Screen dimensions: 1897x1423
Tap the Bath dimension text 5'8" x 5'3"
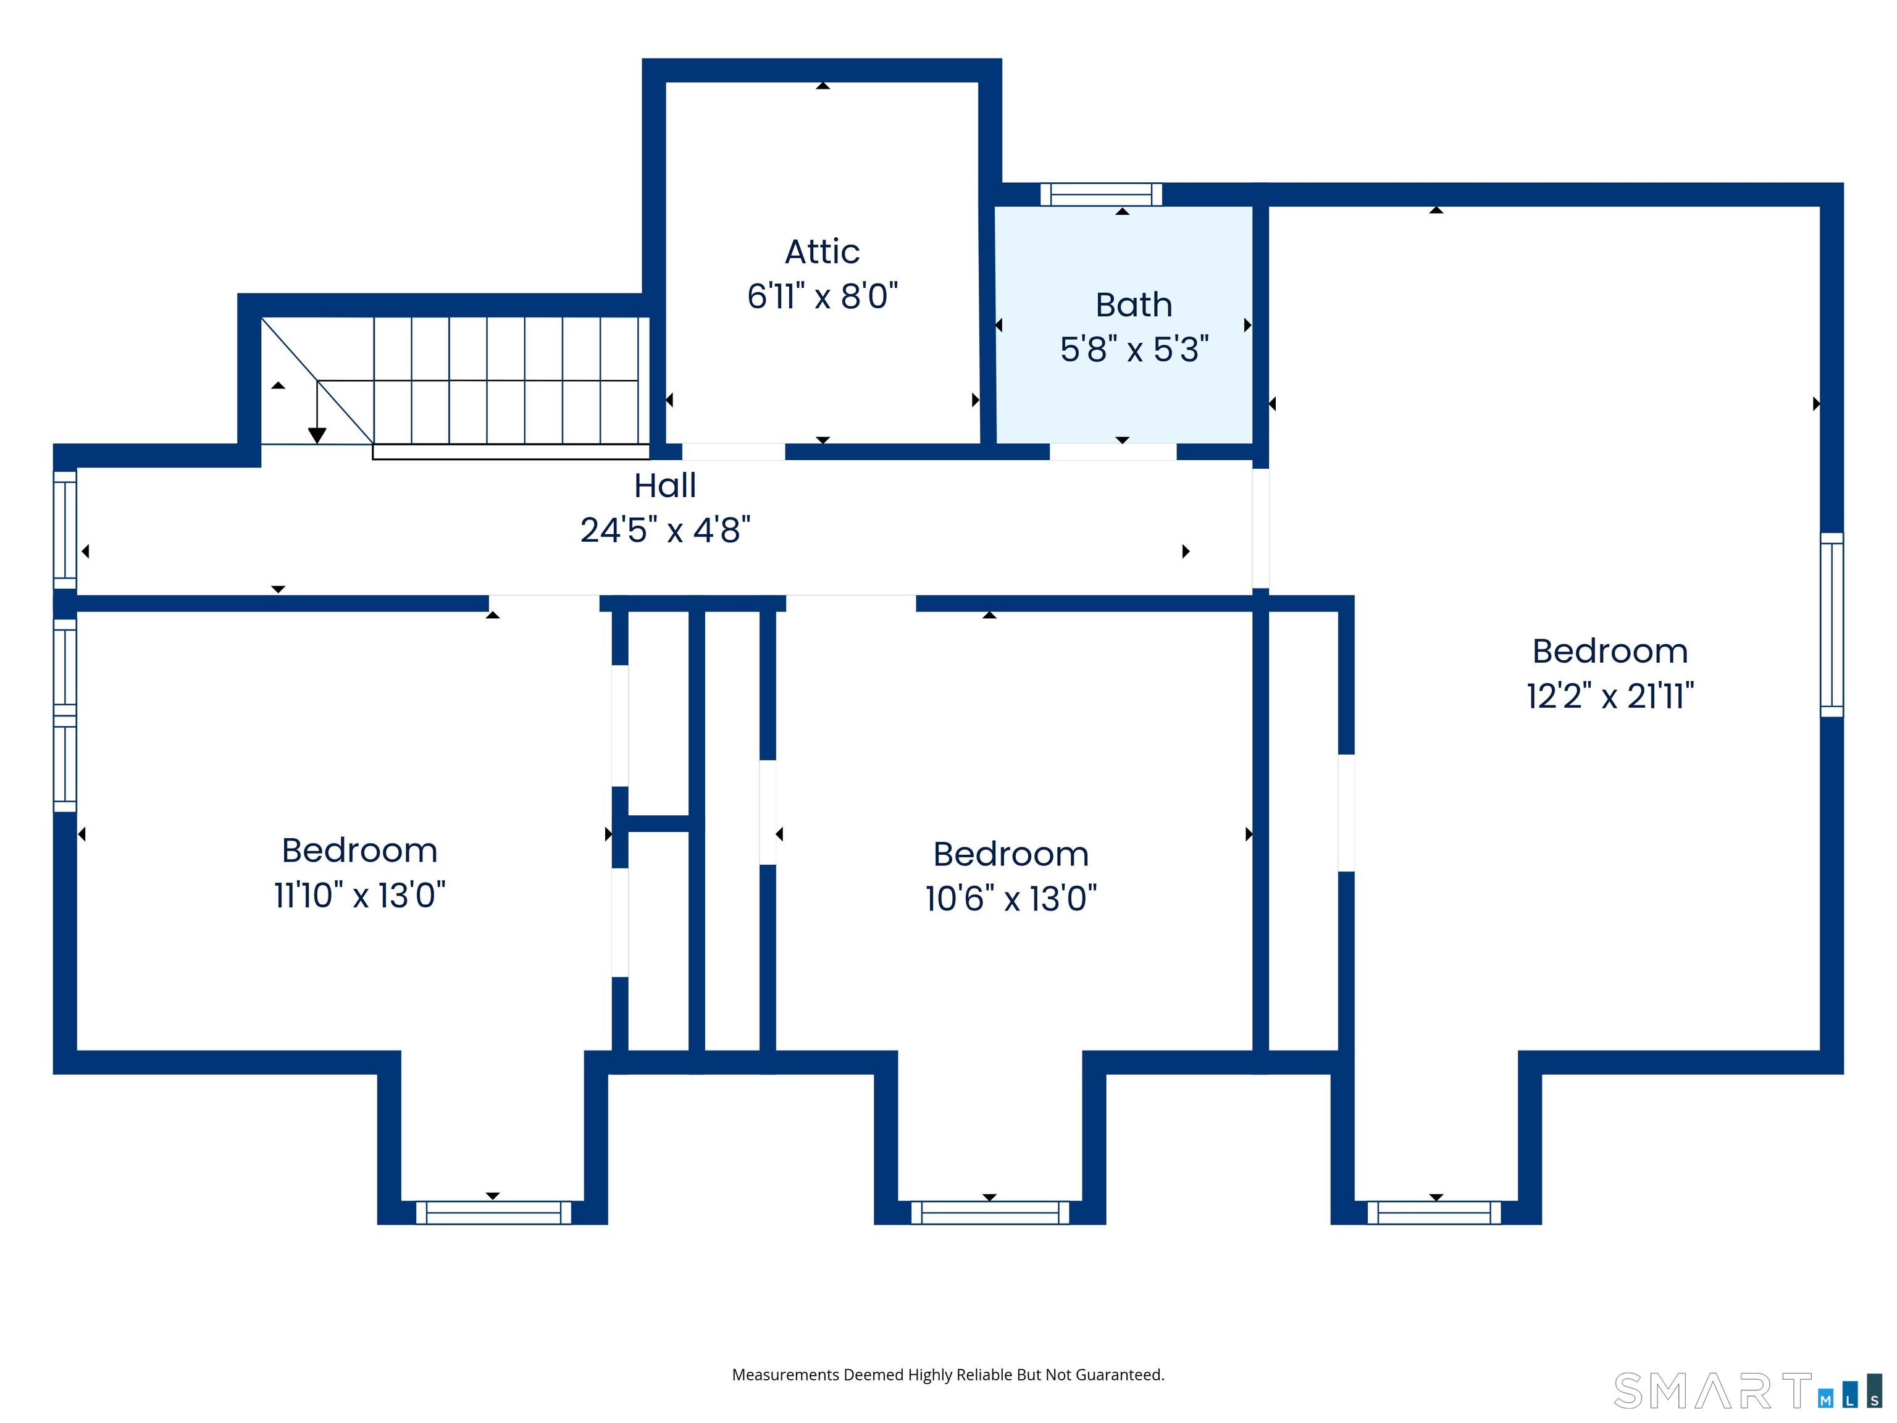point(1134,349)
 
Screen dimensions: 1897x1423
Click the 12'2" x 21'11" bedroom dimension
point(1610,695)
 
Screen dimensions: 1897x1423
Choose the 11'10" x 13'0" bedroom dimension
point(359,895)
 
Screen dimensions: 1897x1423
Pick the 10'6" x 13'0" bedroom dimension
point(1010,898)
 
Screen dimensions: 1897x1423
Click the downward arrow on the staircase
point(317,412)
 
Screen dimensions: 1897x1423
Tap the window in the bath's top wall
point(1101,195)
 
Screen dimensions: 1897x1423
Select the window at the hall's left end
point(65,530)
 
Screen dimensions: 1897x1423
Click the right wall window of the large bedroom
point(1831,624)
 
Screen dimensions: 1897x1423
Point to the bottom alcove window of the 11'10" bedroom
point(493,1212)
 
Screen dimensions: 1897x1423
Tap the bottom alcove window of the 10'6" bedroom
point(990,1212)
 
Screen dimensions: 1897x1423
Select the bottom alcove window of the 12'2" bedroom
point(1434,1212)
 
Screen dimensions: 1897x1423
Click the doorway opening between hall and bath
point(1113,452)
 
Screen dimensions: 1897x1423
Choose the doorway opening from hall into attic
point(733,452)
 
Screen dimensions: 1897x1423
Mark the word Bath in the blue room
point(1134,304)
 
